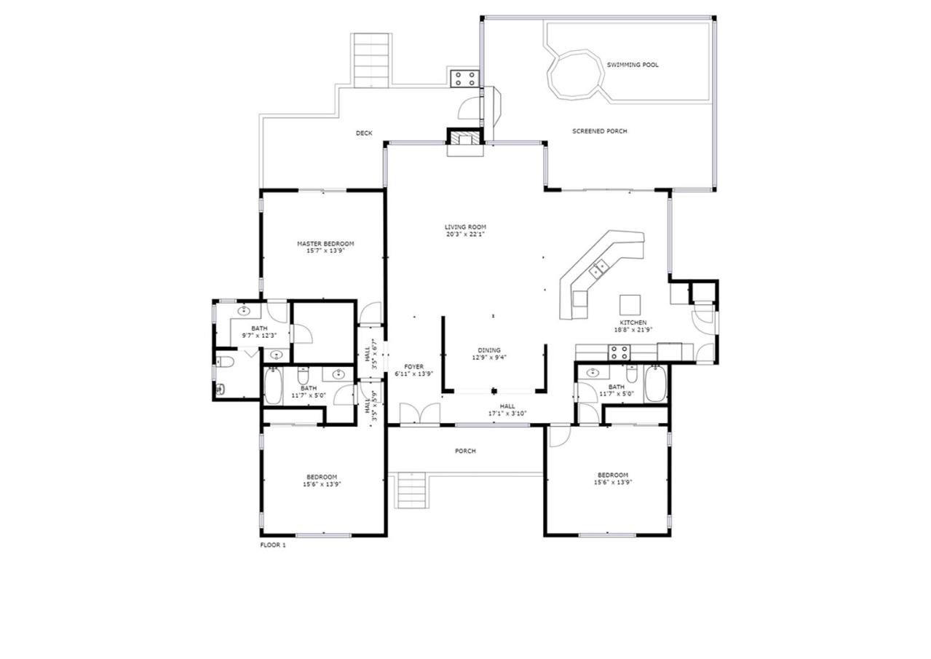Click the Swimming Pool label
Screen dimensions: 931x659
tap(633, 65)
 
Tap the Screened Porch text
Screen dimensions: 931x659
tap(600, 131)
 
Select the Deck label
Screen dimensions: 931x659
tap(364, 133)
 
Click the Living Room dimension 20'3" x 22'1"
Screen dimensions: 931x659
tap(466, 234)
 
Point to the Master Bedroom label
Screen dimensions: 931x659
tap(325, 244)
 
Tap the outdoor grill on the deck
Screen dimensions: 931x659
tap(465, 79)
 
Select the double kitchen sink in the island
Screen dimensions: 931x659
tap(598, 268)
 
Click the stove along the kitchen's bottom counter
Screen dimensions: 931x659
tap(619, 352)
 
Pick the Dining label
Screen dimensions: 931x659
tap(489, 350)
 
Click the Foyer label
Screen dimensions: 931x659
tap(414, 367)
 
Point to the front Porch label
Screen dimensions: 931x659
tap(466, 451)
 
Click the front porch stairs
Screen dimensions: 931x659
tap(412, 491)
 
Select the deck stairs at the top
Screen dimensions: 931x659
tap(371, 60)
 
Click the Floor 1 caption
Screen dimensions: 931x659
tap(273, 545)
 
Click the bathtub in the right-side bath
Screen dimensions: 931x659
tap(655, 384)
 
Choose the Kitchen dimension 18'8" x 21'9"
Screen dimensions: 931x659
tap(633, 330)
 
